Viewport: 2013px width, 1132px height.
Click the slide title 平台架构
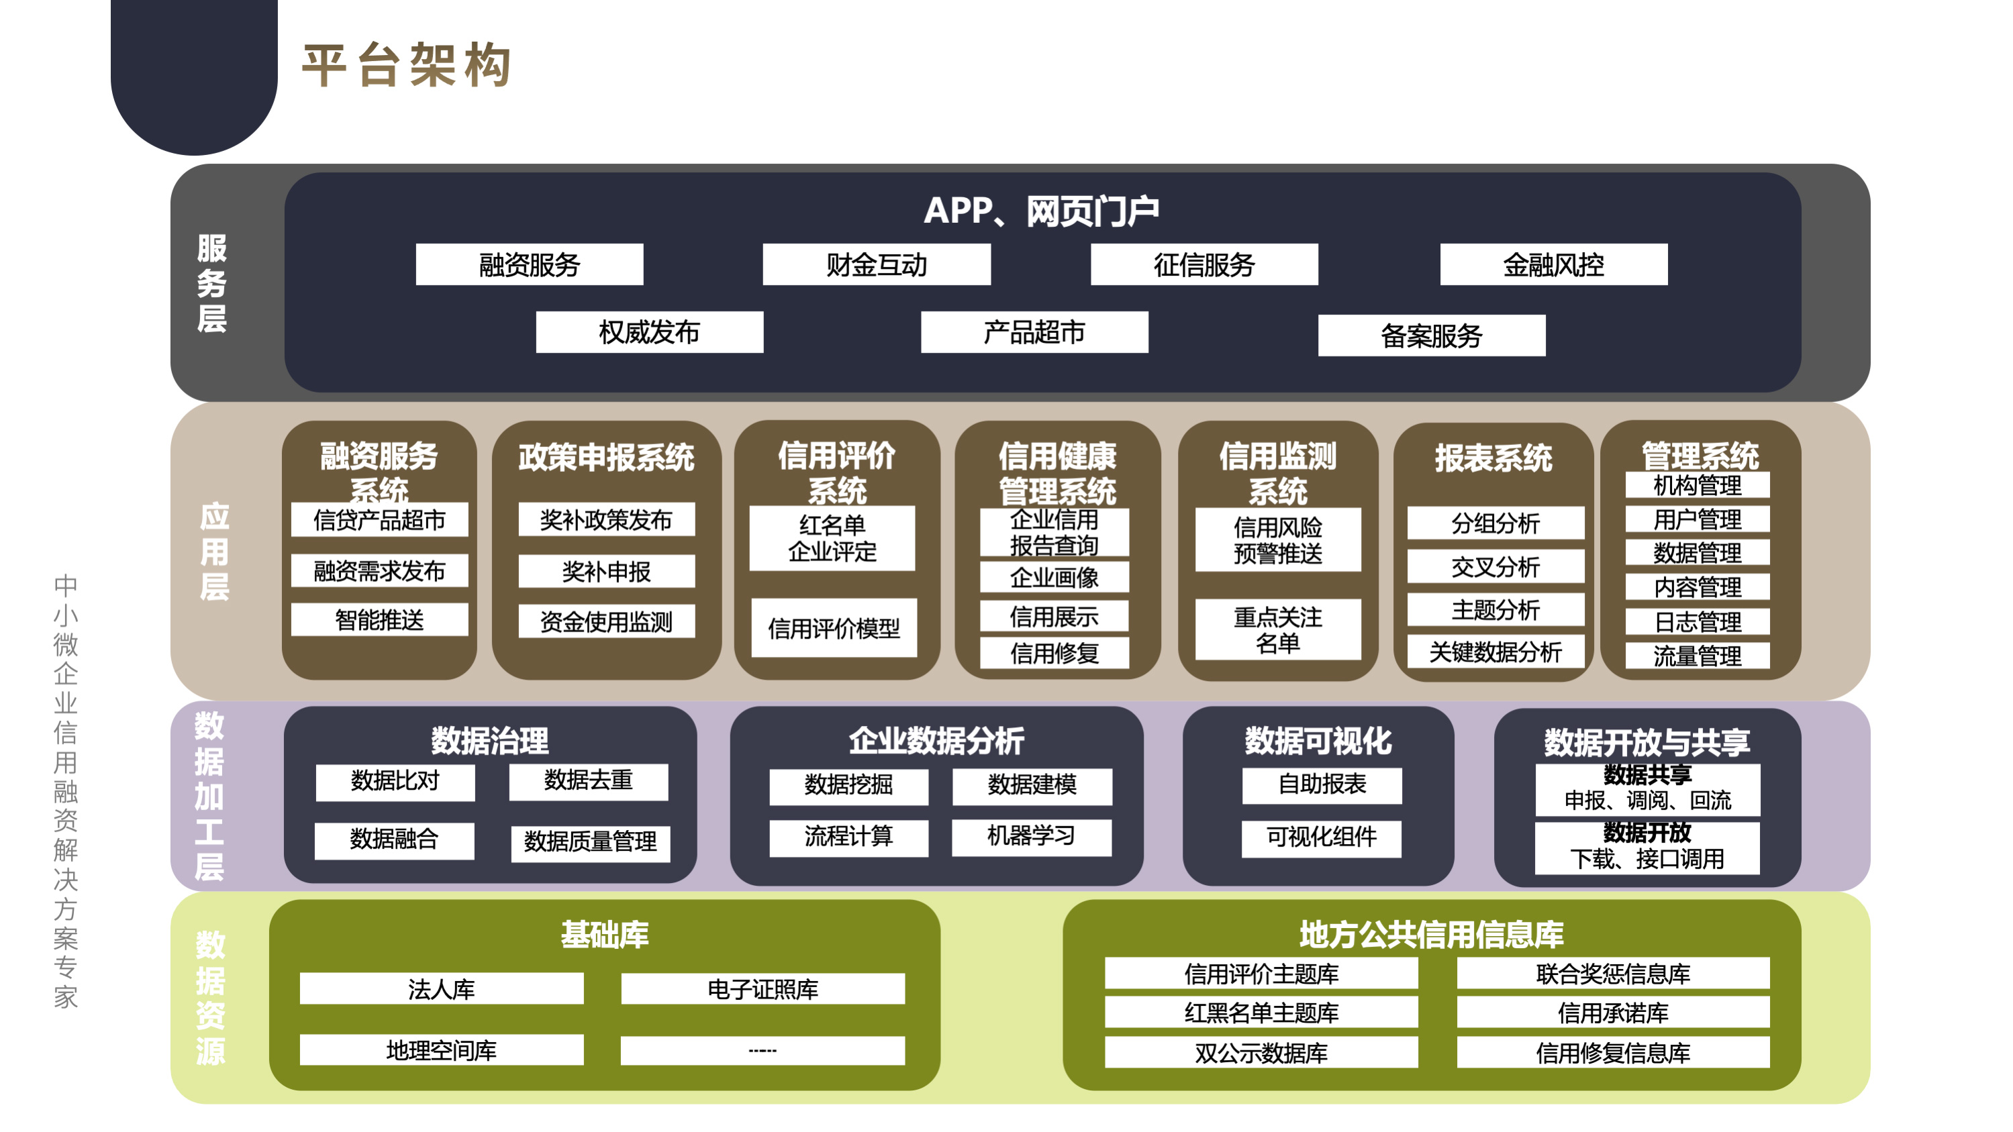406,65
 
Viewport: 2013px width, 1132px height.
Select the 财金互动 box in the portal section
876,265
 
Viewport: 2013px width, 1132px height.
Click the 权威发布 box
649,332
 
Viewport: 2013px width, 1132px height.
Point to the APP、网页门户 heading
1041,211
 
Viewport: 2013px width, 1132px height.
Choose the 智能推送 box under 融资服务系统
380,620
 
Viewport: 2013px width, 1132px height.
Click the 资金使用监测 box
606,622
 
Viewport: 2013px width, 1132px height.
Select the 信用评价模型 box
834,628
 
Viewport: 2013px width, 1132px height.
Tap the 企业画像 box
1054,577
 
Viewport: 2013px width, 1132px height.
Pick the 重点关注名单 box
1277,629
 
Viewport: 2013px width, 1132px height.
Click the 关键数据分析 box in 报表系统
1495,652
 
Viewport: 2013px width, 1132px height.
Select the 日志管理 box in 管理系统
1698,622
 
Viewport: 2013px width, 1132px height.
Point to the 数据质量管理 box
591,842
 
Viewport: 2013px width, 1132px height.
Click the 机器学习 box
1032,837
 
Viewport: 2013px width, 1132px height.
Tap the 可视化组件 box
1322,837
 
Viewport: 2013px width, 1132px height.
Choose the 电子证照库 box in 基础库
763,989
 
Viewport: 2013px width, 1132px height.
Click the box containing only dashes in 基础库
763,1051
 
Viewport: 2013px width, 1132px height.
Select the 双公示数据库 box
1261,1052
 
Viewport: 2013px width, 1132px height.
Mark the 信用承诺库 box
1613,1013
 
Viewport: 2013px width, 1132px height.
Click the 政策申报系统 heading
606,458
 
